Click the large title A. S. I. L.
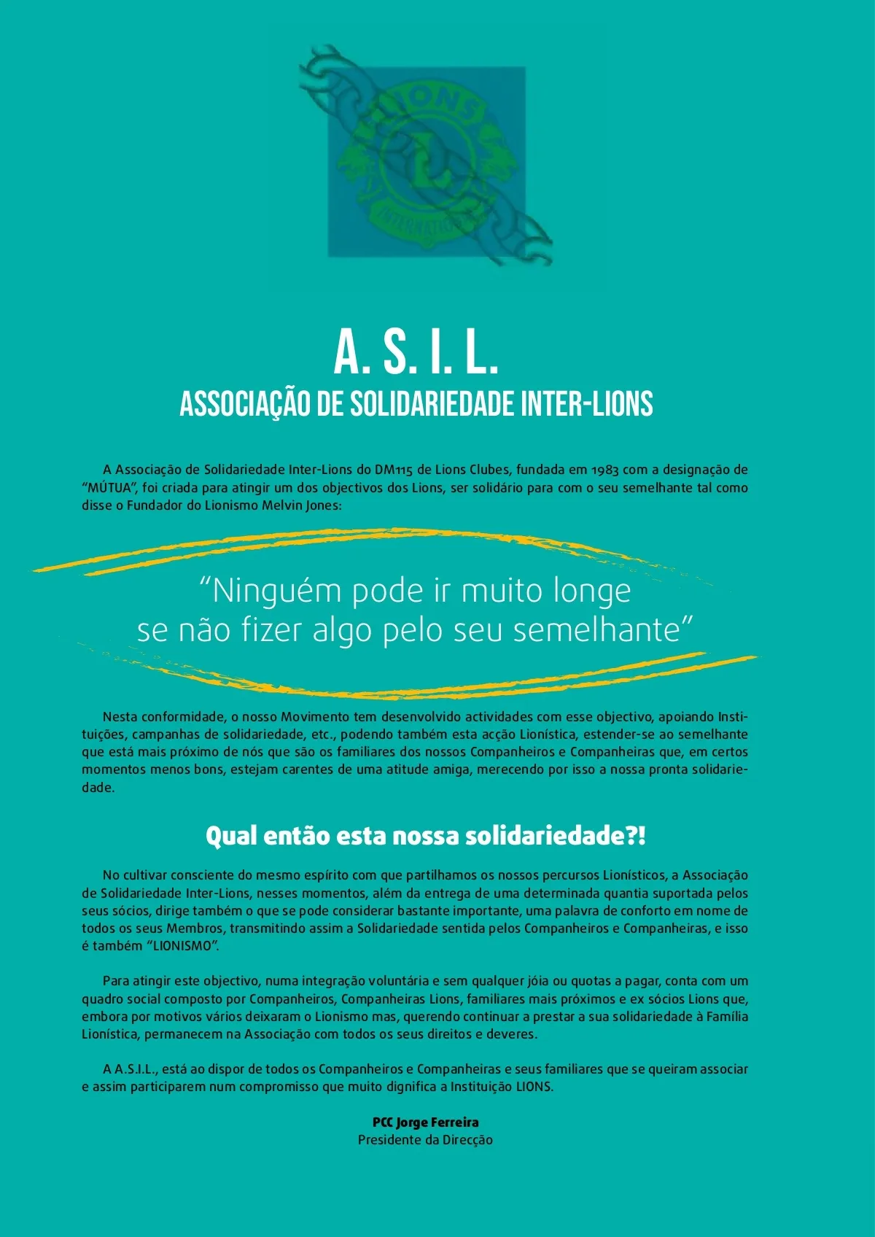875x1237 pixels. (416, 352)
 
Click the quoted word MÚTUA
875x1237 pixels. (109, 488)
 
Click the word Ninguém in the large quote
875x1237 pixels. (271, 590)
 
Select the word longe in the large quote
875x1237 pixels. (591, 590)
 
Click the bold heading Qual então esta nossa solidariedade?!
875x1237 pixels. (426, 836)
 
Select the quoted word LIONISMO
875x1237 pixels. (184, 946)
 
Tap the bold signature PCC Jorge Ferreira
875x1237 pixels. (425, 1122)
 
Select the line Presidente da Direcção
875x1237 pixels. (425, 1140)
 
